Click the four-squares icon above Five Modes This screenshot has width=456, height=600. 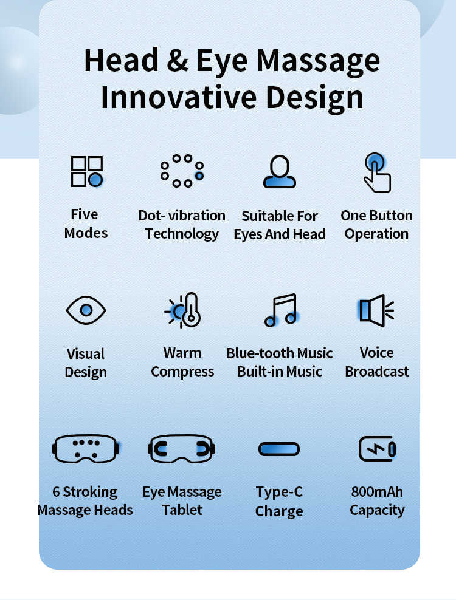(86, 171)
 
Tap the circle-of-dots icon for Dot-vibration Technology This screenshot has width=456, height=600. (182, 171)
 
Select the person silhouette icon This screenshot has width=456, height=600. (280, 171)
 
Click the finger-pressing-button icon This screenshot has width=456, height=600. (376, 172)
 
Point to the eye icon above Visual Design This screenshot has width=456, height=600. (86, 310)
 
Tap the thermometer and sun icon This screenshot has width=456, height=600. (183, 310)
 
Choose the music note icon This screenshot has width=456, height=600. (280, 310)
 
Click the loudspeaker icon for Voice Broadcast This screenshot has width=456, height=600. (376, 310)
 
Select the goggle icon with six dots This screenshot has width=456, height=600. (86, 449)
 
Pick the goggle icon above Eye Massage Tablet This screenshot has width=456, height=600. (182, 449)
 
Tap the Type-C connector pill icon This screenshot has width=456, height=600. (279, 449)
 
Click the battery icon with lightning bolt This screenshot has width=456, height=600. (377, 449)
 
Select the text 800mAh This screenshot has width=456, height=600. (377, 492)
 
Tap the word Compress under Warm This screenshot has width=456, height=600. (182, 372)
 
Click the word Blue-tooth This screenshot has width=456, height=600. (256, 353)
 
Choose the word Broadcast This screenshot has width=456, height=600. (377, 372)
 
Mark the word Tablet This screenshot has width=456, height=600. (182, 510)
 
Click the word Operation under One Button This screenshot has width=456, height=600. (377, 234)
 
